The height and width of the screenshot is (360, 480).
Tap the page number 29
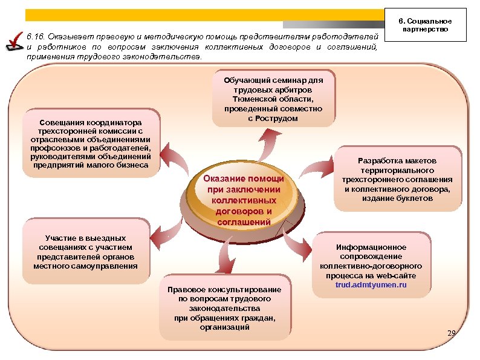tap(451, 333)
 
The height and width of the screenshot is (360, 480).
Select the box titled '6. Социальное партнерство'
tap(432, 25)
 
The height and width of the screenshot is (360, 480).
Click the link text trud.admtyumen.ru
tap(371, 284)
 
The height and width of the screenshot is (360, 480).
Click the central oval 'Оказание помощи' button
tap(244, 200)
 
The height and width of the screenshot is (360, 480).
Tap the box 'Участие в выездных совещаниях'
tap(85, 250)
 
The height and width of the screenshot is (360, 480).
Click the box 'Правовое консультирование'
tap(225, 307)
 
